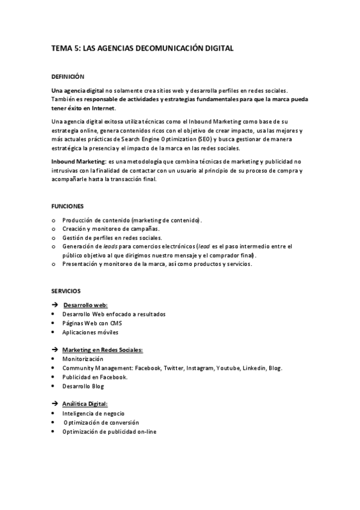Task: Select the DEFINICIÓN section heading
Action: click(67, 76)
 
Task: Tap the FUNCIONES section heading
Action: click(67, 206)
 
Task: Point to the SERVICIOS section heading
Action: click(67, 290)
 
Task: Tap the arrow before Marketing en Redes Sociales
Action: click(55, 349)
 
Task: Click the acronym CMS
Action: click(116, 323)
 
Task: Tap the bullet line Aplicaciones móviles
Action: click(90, 332)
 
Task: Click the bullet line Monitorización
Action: click(82, 359)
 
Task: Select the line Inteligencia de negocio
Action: click(94, 413)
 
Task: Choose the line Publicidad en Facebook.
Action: click(94, 377)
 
